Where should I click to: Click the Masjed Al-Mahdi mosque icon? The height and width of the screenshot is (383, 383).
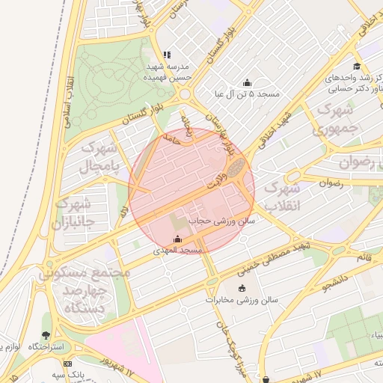tap(177, 239)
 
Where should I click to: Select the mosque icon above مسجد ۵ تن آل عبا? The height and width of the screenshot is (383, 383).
tap(248, 82)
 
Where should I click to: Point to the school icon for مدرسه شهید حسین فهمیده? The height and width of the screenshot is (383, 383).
tap(167, 55)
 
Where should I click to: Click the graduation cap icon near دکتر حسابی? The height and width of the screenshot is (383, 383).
tap(358, 66)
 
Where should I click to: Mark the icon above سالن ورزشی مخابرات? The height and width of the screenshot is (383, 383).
tap(242, 289)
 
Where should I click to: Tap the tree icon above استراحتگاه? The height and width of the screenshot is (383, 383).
tap(47, 335)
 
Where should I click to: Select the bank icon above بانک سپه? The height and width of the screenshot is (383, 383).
tap(68, 364)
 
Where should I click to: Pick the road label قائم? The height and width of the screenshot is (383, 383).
tap(364, 257)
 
